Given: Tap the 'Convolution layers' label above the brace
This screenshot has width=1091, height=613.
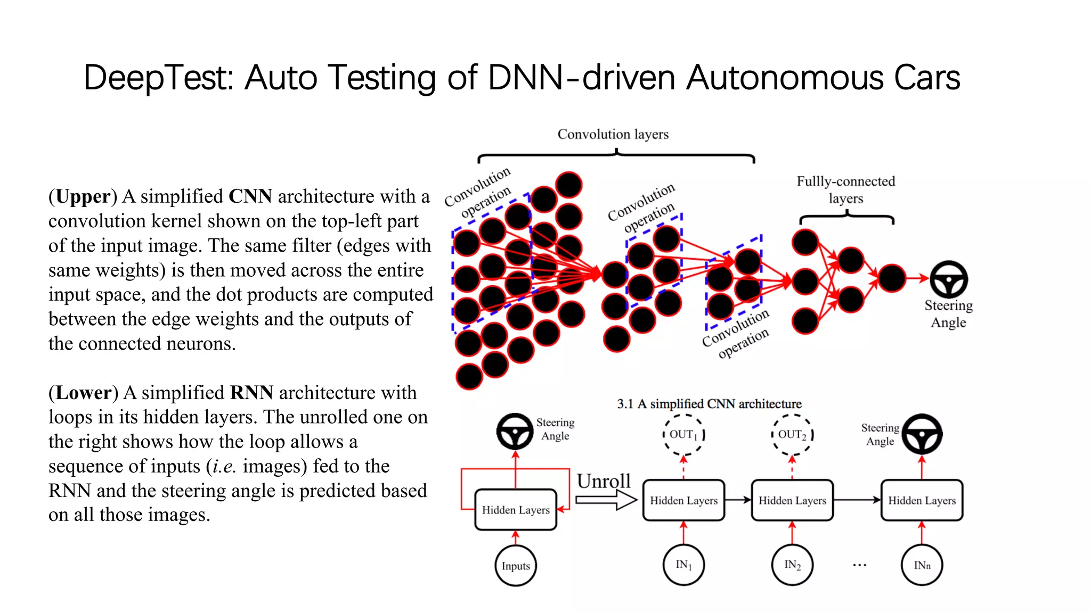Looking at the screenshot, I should tap(613, 134).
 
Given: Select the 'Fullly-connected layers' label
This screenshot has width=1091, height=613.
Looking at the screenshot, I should tap(845, 189).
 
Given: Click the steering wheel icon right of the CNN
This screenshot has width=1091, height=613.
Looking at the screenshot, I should tap(948, 279).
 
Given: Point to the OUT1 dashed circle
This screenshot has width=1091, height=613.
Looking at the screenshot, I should tap(684, 435).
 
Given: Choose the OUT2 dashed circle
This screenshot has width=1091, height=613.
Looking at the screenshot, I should tap(792, 435).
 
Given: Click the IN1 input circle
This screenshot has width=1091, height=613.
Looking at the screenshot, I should tap(683, 565).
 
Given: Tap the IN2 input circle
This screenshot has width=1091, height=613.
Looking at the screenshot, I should tap(792, 565).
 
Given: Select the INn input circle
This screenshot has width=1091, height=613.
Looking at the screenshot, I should tap(922, 565).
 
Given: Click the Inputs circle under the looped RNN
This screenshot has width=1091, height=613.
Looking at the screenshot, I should tap(515, 566).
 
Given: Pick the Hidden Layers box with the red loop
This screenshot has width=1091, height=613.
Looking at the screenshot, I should tap(515, 510).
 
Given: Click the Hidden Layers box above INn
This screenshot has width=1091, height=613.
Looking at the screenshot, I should tap(922, 500).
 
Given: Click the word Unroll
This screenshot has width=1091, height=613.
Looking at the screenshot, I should tap(604, 481).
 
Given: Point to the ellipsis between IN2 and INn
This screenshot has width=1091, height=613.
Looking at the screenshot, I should tap(859, 565).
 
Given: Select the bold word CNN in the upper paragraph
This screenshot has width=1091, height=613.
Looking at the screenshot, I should tap(250, 196).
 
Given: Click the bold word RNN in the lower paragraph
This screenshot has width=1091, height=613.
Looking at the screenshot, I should tap(251, 393).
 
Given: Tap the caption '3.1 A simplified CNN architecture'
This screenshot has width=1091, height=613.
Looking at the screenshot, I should tap(709, 404).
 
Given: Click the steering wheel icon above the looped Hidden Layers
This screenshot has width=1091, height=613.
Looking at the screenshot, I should tap(515, 432).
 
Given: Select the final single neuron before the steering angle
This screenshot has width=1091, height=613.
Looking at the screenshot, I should tap(892, 278).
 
